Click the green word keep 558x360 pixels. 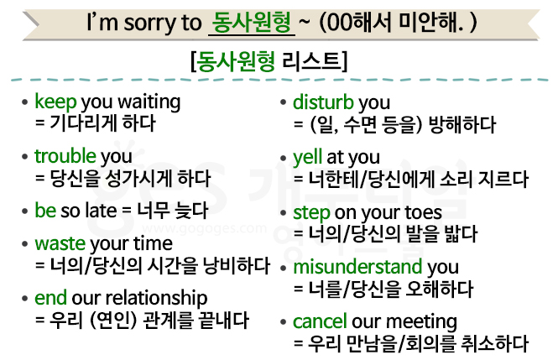55,102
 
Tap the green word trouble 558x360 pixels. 65,156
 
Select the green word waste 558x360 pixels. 60,244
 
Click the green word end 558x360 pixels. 50,298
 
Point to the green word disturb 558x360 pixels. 323,102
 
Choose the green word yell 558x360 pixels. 307,157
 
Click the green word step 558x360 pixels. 311,213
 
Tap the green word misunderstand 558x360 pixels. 357,267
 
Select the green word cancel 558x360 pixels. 320,321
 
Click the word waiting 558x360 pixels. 149,103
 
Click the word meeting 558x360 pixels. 422,322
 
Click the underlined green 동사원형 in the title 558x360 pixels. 251,22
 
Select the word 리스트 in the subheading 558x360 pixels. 310,61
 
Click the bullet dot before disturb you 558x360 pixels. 284,103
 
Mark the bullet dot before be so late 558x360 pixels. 24,211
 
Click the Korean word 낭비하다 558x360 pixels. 237,265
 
